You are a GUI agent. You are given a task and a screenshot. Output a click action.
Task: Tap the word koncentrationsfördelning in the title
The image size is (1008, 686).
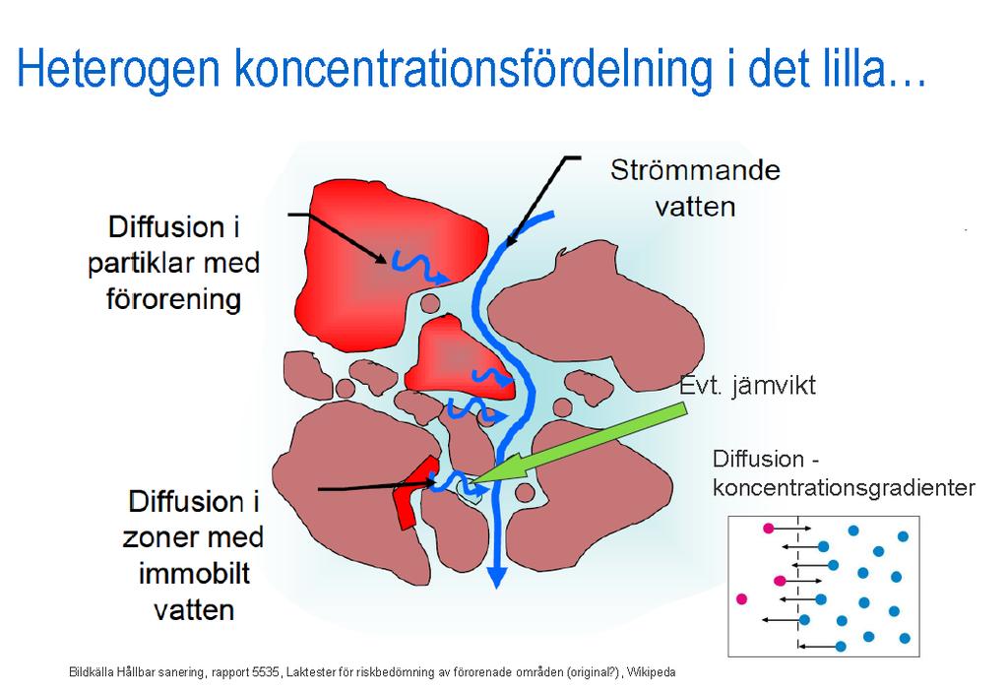click(x=474, y=68)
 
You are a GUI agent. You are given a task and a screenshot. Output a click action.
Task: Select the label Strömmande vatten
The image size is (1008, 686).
click(x=695, y=188)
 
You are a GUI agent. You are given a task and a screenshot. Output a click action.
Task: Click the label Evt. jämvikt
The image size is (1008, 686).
click(x=748, y=386)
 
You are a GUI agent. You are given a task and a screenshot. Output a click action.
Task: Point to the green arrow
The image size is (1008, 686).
click(x=579, y=444)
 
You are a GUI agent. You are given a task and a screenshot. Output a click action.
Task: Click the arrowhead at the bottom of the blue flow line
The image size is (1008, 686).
click(x=496, y=578)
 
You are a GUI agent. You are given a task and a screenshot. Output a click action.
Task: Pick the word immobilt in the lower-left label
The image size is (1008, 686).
click(x=194, y=574)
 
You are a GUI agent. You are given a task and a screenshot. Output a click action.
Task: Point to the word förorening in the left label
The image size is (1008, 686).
click(x=173, y=299)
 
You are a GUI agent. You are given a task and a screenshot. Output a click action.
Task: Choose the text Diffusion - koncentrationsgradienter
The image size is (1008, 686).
click(x=844, y=473)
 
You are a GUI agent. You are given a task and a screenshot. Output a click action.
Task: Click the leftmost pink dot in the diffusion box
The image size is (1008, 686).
click(x=741, y=599)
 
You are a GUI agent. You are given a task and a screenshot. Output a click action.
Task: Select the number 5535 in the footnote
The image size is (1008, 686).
click(x=266, y=672)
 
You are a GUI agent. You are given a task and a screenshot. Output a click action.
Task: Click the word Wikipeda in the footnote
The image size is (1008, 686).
click(x=652, y=672)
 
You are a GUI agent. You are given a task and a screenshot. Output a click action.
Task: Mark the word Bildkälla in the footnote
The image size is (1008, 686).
click(x=92, y=672)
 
